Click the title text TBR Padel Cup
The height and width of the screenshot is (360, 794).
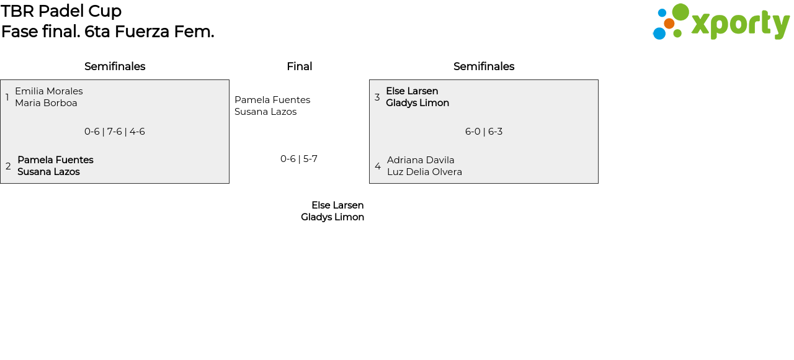pos(61,11)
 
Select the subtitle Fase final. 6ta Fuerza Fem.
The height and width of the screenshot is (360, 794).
pos(108,32)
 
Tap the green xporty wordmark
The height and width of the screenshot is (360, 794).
pos(740,25)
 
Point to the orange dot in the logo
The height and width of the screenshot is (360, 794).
pos(669,24)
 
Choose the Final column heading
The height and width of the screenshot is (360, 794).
pos(300,66)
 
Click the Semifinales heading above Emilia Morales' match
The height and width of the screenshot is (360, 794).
pos(115,66)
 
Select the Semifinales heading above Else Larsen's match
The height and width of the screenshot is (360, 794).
pos(484,66)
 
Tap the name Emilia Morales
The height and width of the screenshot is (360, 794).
pos(49,91)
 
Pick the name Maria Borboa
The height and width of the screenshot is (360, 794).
pos(46,103)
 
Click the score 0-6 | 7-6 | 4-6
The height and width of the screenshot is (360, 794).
pos(115,132)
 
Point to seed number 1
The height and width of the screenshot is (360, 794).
pos(7,97)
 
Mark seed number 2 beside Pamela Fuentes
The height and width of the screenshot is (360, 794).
pos(8,166)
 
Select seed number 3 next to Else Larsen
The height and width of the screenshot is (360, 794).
pos(377,97)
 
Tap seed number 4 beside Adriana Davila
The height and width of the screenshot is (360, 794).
pos(378,166)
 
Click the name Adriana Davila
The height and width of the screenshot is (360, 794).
pos(421,160)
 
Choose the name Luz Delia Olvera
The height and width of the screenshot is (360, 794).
pos(425,172)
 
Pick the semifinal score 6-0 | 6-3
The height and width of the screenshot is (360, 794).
pos(484,132)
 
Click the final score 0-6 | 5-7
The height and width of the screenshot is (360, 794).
pos(299,159)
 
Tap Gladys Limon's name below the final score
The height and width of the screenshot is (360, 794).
pos(332,217)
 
